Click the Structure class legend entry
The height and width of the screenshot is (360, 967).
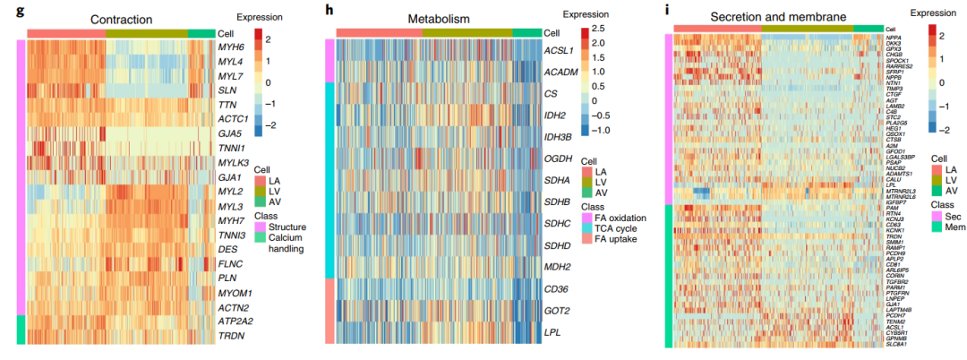click(x=287, y=227)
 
